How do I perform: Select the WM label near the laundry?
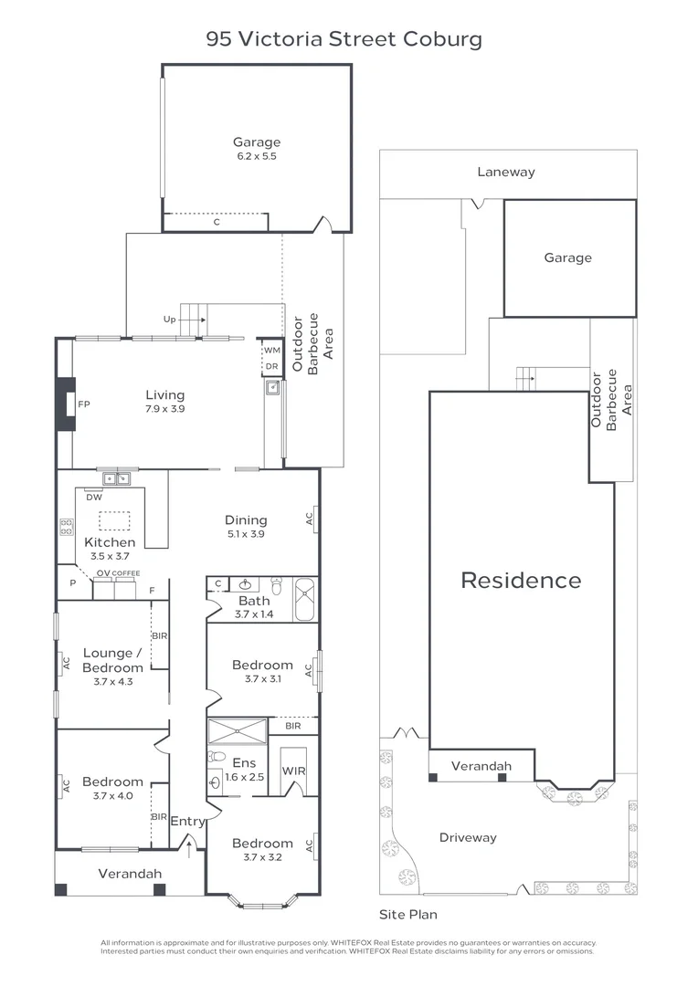point(271,351)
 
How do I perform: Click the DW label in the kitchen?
point(93,498)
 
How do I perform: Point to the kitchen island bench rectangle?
point(114,520)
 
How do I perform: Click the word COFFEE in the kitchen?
point(127,573)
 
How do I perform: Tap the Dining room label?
point(246,520)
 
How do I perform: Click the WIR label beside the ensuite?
point(292,771)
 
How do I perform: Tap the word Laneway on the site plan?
point(505,172)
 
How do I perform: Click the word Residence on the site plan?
point(521,580)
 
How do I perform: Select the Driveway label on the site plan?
point(468,837)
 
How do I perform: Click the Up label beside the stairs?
point(169,320)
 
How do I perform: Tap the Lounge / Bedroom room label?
point(113,660)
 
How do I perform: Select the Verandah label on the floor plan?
point(130,874)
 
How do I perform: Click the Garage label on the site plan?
point(567,258)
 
